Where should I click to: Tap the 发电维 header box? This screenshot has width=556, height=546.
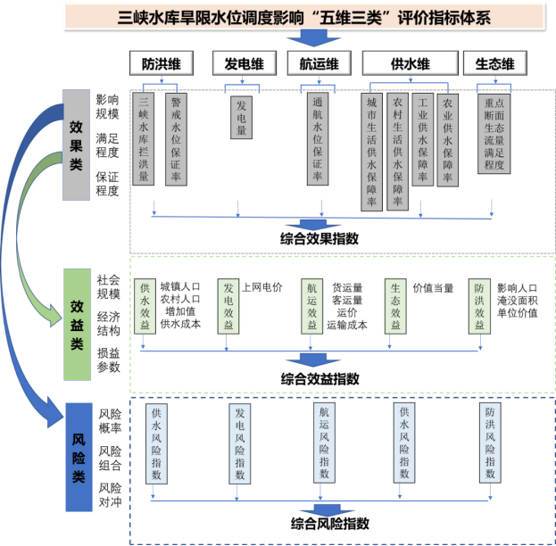(244, 63)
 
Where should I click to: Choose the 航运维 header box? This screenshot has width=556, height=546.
(319, 63)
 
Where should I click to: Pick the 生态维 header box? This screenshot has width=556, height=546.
(494, 63)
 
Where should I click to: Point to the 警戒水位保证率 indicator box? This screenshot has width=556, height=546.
(176, 139)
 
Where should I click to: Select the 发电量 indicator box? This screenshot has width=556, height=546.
(240, 118)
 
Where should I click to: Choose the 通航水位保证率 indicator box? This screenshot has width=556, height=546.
(317, 139)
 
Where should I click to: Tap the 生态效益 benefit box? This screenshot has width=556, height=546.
(395, 306)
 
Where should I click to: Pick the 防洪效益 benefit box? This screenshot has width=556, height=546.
(480, 306)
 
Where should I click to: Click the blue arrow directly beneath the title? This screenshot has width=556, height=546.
(312, 38)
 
